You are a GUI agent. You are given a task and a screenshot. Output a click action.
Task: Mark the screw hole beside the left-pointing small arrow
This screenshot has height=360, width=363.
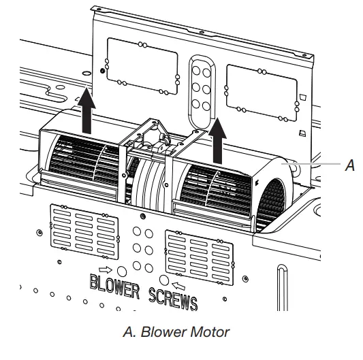[163, 280]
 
